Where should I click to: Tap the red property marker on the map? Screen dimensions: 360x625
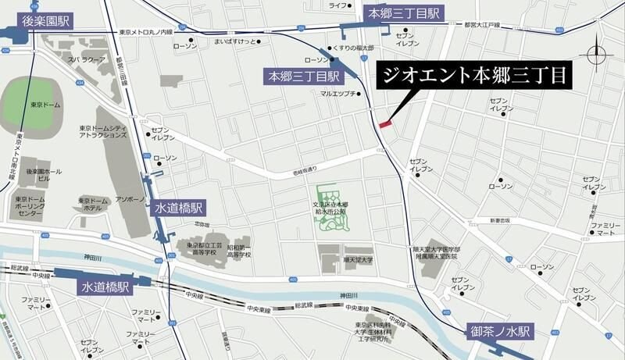tap(385, 123)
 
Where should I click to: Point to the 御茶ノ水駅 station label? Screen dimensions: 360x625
tap(499, 331)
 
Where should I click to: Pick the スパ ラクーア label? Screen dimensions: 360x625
tap(86, 59)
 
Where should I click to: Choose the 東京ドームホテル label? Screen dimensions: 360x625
tap(93, 205)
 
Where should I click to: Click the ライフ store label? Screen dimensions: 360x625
tap(337, 5)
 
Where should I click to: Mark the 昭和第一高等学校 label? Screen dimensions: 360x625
tap(239, 250)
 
